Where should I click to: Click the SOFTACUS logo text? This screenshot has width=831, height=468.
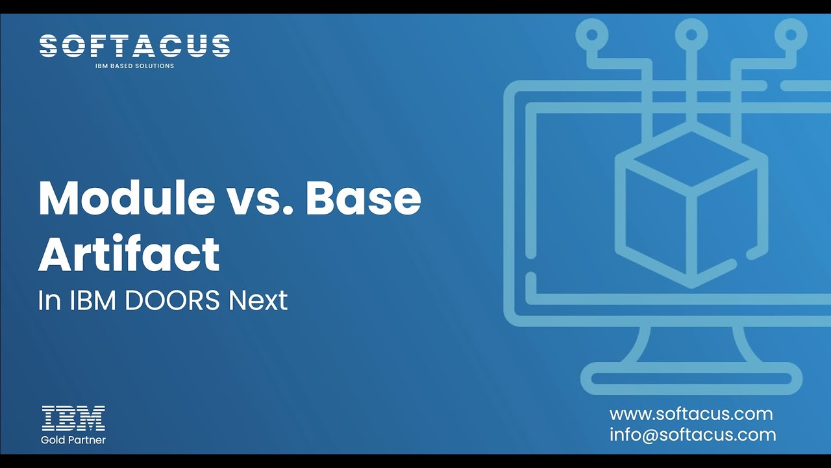tap(134, 47)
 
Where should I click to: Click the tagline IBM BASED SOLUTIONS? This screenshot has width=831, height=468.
tap(134, 66)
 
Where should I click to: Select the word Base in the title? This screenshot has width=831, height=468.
tap(364, 198)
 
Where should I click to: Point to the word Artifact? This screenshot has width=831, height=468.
tap(129, 254)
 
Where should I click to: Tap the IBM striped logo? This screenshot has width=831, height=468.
tap(73, 418)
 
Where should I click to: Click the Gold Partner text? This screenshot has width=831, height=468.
tap(73, 440)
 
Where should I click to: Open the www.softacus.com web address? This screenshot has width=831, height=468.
tap(691, 414)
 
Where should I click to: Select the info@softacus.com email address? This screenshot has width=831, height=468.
tap(693, 435)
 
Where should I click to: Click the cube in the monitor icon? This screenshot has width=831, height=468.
tap(691, 208)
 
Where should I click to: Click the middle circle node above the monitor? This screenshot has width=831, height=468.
tap(691, 33)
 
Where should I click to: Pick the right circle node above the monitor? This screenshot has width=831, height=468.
tap(791, 33)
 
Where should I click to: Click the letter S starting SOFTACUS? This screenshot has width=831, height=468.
tap(49, 47)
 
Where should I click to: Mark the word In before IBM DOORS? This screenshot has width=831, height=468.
tap(49, 301)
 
